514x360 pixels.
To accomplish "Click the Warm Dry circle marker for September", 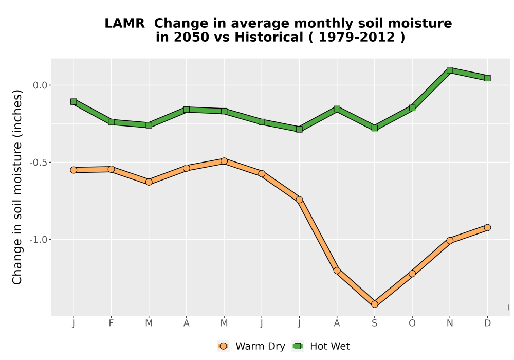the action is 374,304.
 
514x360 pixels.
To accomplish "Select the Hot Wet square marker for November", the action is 450,70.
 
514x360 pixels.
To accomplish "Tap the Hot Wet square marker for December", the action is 487,78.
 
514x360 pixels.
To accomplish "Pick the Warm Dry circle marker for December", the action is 487,227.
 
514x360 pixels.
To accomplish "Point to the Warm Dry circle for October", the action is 412,274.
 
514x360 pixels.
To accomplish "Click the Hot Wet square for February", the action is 111,122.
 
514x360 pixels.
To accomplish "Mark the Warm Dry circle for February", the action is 111,169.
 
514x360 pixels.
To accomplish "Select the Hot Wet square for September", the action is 374,128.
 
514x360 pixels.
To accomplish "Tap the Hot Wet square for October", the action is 412,107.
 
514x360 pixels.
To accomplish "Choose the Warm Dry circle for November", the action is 450,241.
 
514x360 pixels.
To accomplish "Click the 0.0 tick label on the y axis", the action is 40,85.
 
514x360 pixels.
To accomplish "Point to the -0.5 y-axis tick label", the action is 39,163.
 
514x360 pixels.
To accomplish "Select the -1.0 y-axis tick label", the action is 39,240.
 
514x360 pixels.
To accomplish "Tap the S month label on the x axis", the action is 374,323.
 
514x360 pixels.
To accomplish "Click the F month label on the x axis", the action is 111,323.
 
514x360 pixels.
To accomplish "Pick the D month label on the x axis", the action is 487,323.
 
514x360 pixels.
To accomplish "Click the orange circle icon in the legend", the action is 223,346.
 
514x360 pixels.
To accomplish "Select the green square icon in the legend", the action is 298,346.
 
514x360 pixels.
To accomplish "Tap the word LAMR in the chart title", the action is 124,24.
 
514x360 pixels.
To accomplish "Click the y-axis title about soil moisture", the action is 17,187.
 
